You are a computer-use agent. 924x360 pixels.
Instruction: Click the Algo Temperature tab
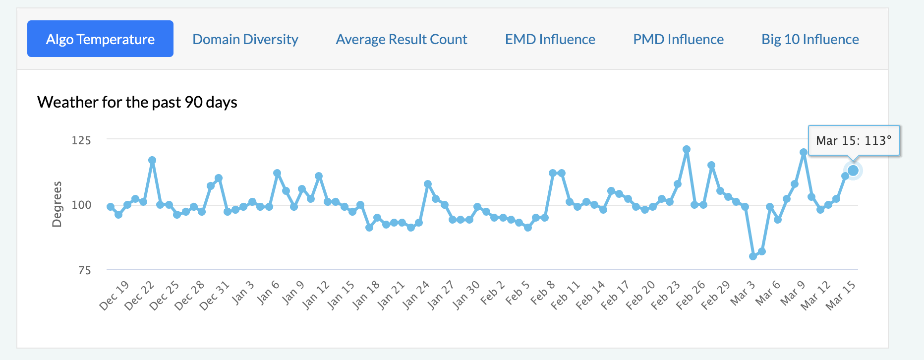100,39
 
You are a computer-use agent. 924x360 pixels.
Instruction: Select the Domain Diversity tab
245,39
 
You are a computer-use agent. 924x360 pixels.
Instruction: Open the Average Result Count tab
402,39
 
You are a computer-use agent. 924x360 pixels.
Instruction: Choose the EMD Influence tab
550,39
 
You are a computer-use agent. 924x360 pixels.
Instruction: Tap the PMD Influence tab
678,39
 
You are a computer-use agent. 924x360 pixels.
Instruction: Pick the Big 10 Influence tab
810,39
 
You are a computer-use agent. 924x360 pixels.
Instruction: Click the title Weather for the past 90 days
137,102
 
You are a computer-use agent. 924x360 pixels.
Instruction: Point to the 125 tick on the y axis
81,140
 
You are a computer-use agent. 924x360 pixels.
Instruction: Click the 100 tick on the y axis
81,205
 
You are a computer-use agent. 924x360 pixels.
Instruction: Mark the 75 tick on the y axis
84,270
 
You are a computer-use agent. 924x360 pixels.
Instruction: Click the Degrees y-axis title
57,204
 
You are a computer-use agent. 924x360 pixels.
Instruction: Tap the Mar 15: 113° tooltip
854,141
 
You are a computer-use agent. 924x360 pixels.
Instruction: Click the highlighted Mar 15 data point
853,171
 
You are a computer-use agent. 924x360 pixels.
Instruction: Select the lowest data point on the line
753,256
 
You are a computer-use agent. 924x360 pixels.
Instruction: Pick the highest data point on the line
687,149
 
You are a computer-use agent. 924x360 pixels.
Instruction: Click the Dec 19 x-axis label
115,296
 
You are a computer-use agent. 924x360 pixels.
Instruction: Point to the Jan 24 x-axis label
416,296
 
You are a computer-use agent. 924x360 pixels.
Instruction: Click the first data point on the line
111,207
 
